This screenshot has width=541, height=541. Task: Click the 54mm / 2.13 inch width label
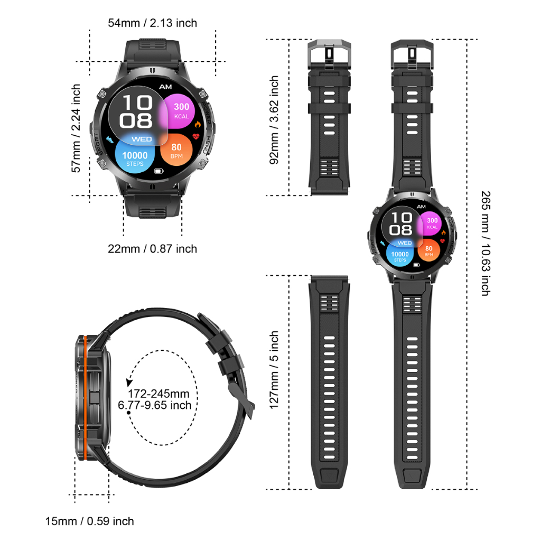pyautogui.click(x=152, y=23)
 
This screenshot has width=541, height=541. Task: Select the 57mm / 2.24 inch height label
pyautogui.click(x=77, y=128)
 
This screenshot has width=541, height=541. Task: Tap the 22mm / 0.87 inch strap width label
pyautogui.click(x=152, y=248)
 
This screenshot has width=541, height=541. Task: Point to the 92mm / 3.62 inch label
pyautogui.click(x=275, y=120)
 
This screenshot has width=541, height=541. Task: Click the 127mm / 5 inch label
pyautogui.click(x=275, y=370)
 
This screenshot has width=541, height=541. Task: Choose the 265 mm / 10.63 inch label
pyautogui.click(x=485, y=242)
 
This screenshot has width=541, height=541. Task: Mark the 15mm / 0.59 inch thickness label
pyautogui.click(x=89, y=521)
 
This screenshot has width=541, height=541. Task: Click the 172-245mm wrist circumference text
pyautogui.click(x=158, y=394)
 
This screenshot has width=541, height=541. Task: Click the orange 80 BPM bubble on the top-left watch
pyautogui.click(x=176, y=151)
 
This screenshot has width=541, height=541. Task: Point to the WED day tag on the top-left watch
pyautogui.click(x=142, y=139)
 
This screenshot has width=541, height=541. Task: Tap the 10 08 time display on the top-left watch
pyautogui.click(x=137, y=112)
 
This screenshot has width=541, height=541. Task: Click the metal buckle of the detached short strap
pyautogui.click(x=330, y=53)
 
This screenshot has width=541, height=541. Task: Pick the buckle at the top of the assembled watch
pyautogui.click(x=412, y=53)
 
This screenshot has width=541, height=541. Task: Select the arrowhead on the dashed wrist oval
pyautogui.click(x=129, y=382)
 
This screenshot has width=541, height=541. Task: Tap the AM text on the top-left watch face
pyautogui.click(x=165, y=87)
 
